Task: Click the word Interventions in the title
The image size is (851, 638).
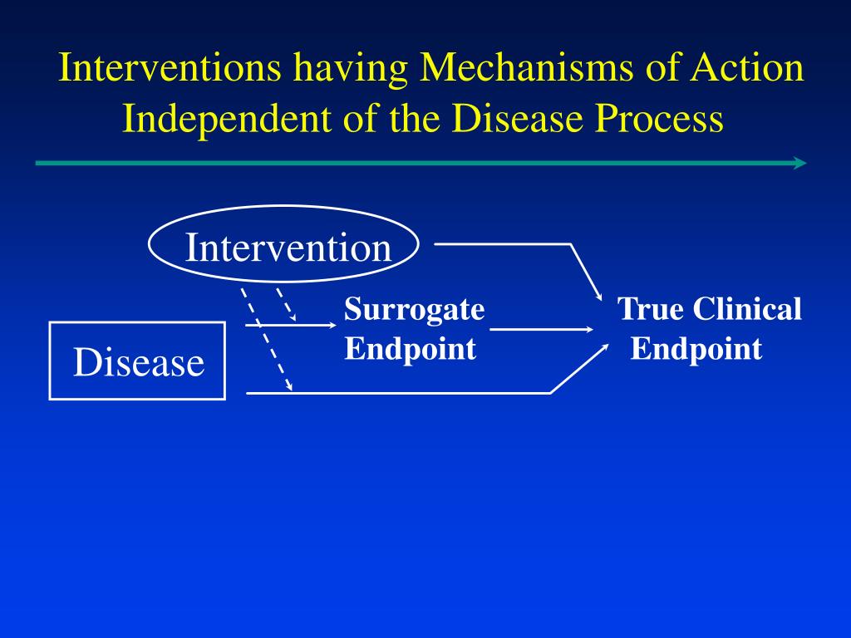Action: [170, 68]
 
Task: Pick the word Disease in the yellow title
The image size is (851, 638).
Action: [517, 120]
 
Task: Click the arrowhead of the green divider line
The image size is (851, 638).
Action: [799, 163]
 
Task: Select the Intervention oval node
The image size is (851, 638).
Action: [284, 247]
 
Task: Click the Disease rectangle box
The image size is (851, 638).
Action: [137, 361]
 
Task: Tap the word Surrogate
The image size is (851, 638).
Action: [415, 310]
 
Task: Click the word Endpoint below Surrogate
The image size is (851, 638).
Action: [411, 349]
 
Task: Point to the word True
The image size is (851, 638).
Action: [650, 310]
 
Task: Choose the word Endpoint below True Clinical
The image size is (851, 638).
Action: [696, 349]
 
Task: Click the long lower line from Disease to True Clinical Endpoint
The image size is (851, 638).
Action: [399, 392]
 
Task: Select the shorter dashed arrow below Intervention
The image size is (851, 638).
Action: [287, 305]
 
